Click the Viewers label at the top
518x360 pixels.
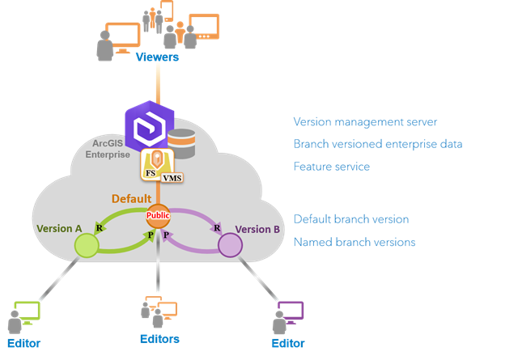point(157,57)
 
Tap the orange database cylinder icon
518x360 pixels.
point(182,143)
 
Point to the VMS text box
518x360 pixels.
point(172,178)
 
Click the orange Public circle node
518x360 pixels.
point(157,217)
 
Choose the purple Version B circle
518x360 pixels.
point(230,245)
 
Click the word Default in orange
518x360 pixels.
point(131,199)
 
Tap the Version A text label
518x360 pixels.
point(60,229)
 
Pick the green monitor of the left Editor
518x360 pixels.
point(28,311)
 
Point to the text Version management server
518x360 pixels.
point(365,122)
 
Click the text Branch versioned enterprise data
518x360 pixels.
point(378,145)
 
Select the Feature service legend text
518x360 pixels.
point(331,167)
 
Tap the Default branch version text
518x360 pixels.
point(350,219)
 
